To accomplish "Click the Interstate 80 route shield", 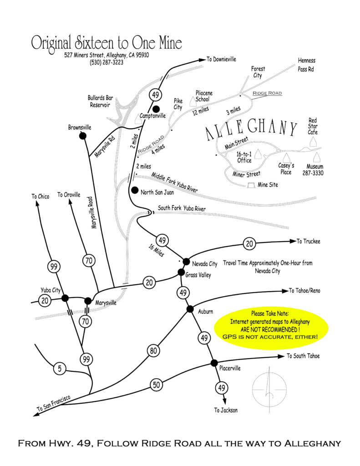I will click(152, 351).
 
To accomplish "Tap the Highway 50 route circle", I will click(156, 385).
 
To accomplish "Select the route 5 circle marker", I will click(59, 368).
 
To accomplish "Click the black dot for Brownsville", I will click(83, 136).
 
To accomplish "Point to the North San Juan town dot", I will click(134, 190).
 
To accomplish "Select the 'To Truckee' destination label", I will click(309, 241).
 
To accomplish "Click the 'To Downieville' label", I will click(222, 59).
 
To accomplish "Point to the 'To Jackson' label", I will click(226, 410).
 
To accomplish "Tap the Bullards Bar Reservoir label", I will click(100, 101).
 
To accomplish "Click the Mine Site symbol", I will click(251, 185).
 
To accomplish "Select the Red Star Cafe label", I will click(313, 126).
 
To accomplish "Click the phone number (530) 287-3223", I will click(106, 63).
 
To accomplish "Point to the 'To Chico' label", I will click(40, 197).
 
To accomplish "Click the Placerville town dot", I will click(213, 363).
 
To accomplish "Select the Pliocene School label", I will click(204, 96).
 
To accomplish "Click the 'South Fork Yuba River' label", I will click(182, 208).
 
